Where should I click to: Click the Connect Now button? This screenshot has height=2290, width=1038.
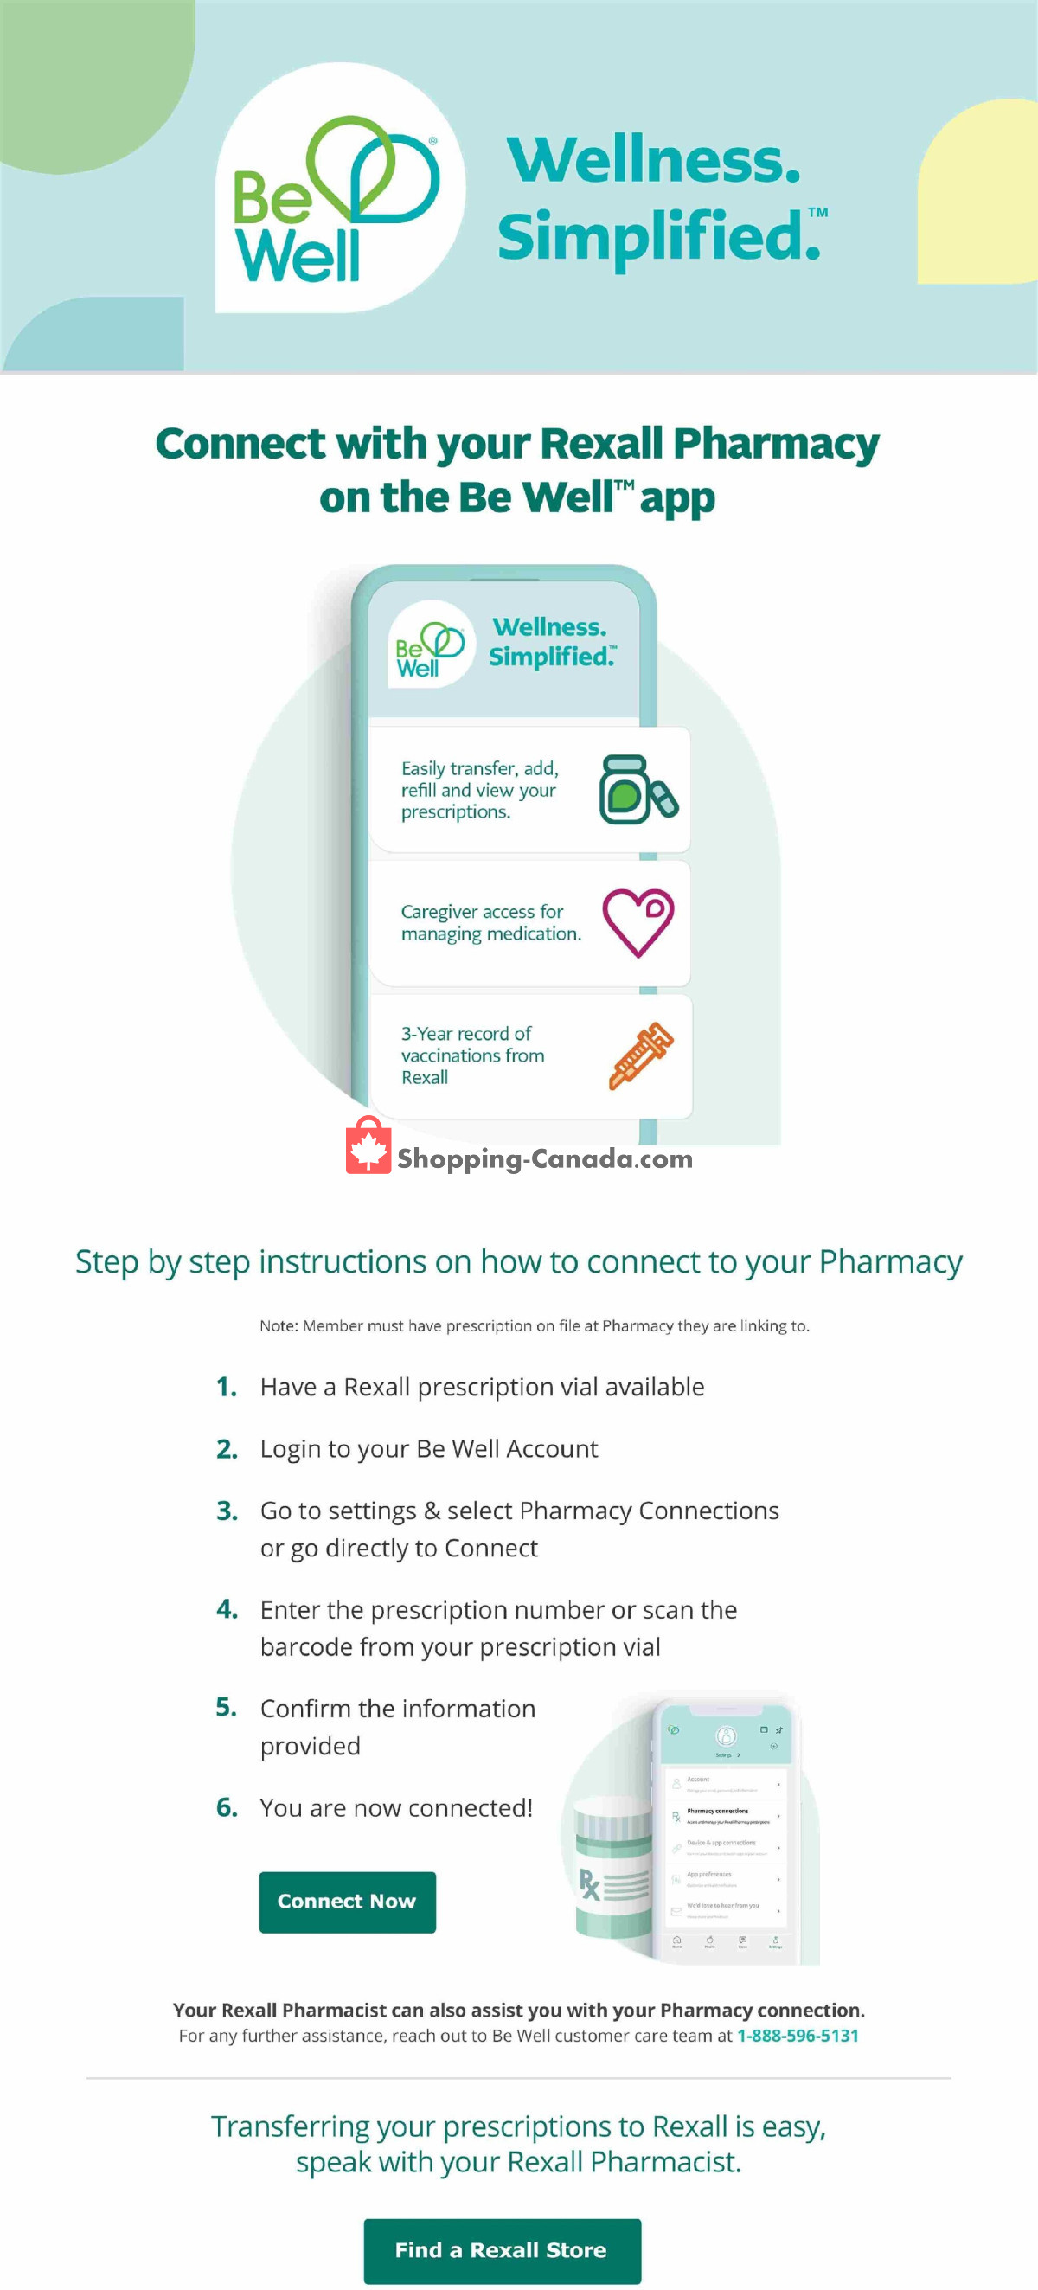point(347,1902)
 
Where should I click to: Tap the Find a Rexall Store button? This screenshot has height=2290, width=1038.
point(501,2249)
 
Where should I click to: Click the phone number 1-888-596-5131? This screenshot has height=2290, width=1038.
point(798,2036)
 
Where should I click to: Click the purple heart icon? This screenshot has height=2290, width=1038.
point(638,923)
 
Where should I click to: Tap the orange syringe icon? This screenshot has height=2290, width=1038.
point(641,1055)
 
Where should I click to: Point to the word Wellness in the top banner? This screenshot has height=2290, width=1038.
point(654,160)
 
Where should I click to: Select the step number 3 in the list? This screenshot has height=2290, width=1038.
point(227,1511)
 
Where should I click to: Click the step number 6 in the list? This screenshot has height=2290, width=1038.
point(227,1807)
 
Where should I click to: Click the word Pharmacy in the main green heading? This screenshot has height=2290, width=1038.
point(775,443)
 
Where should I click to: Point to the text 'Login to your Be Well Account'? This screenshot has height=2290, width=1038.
point(428,1448)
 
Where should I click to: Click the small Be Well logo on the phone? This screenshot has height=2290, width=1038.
point(430,645)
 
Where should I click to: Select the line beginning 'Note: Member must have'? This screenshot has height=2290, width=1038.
point(533,1325)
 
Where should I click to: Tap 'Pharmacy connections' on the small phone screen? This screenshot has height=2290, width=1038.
point(716,1810)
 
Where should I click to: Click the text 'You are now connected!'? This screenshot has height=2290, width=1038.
point(395,1807)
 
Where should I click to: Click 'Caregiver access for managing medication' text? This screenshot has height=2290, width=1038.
point(490,923)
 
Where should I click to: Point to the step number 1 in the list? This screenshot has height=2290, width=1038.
point(227,1387)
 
